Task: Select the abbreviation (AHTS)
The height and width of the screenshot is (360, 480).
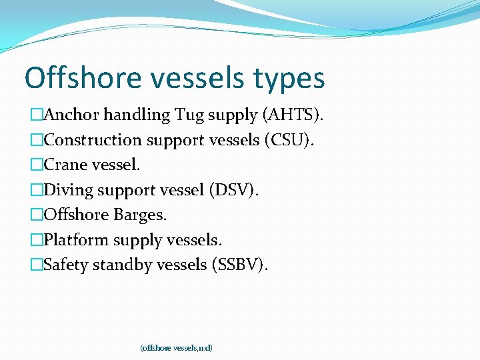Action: [294, 115]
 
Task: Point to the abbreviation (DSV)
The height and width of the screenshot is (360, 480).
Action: [234, 190]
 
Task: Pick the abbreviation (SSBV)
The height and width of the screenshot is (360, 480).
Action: [240, 265]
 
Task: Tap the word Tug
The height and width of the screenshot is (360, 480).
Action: [190, 116]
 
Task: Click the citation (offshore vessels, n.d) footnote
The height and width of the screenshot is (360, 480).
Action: [176, 348]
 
